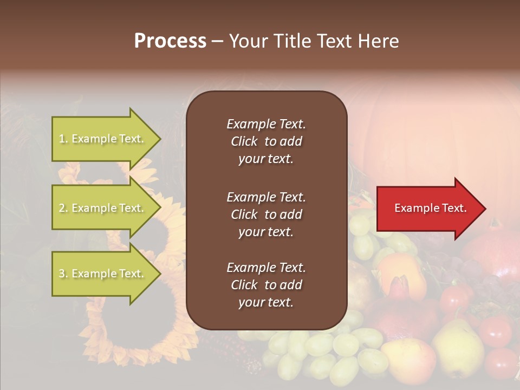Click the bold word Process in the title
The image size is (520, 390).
(170, 41)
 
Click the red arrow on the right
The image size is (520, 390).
(428, 209)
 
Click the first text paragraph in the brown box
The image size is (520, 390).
(266, 141)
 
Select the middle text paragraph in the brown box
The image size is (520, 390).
(266, 214)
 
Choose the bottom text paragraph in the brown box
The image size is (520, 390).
(266, 285)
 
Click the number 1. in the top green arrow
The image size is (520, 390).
(63, 139)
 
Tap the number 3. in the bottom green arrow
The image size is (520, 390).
(63, 274)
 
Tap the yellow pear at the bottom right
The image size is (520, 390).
(458, 347)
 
